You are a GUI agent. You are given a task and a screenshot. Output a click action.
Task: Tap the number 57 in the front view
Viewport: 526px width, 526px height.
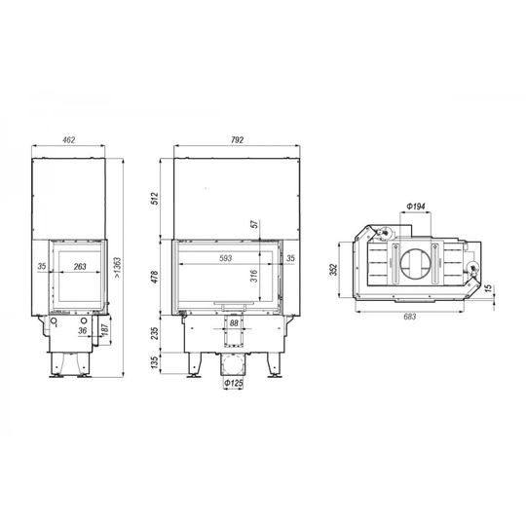[253, 225]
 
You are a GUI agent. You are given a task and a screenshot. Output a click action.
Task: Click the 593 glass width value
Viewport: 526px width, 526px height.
[226, 259]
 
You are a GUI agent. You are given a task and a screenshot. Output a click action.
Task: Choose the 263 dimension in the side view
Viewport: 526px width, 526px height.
[81, 266]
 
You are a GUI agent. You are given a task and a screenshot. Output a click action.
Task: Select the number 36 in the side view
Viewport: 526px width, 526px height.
[82, 330]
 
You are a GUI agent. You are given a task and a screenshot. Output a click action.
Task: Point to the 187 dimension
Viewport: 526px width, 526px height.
[104, 334]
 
